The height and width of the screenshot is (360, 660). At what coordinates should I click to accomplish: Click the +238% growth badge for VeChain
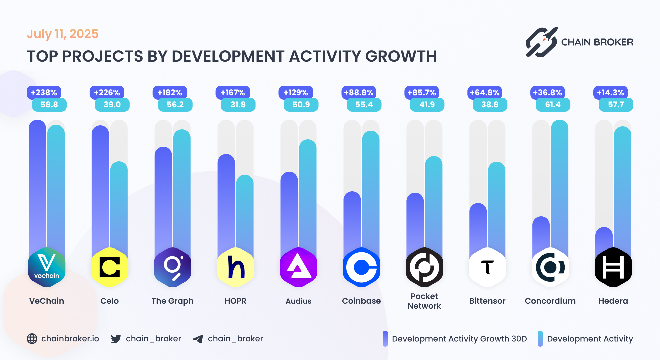(44, 92)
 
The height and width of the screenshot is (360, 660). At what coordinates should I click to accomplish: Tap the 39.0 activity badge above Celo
(112, 105)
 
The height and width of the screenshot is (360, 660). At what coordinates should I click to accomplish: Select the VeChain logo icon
(47, 267)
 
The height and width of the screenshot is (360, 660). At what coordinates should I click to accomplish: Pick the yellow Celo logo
(110, 267)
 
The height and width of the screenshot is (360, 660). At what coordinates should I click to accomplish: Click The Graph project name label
(172, 301)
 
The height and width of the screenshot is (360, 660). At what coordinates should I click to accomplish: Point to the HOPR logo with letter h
(236, 267)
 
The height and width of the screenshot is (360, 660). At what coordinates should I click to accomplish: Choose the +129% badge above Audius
(296, 92)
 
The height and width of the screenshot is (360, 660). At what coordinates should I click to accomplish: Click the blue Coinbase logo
(361, 267)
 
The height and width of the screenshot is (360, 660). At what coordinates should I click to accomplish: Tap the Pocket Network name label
(424, 301)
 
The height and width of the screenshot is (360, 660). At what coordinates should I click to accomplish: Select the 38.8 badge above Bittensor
(490, 105)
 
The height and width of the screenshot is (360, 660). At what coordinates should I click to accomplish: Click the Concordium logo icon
(550, 267)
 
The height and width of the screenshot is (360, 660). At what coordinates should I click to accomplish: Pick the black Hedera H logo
(613, 267)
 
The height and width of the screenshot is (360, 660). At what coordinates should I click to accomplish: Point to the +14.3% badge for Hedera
(611, 92)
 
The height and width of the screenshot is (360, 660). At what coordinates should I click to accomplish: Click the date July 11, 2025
(63, 34)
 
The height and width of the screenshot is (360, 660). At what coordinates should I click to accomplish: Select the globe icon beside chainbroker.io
(32, 339)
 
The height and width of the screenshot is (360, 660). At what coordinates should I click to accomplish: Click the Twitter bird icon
(116, 339)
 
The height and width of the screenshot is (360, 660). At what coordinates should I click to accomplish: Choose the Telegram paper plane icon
(198, 339)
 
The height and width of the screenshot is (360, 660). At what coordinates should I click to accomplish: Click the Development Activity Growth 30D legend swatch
(385, 339)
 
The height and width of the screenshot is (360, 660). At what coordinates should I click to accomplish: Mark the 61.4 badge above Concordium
(553, 105)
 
